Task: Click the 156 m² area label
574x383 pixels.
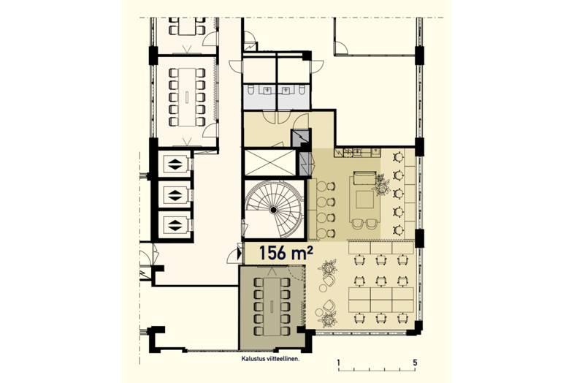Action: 286,252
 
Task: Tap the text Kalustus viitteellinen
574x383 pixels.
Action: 270,359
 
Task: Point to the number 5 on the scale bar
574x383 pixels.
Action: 414,363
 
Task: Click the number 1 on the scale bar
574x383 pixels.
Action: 339,363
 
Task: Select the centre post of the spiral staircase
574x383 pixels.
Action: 273,210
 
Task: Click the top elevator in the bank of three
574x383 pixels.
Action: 175,164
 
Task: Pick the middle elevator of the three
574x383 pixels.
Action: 175,195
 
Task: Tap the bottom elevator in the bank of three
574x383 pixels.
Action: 175,224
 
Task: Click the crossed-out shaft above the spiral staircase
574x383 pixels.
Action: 269,162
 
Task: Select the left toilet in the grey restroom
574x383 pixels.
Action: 251,89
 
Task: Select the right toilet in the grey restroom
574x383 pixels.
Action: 302,89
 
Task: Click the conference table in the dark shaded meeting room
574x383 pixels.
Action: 272,306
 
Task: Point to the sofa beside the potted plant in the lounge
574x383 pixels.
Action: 363,181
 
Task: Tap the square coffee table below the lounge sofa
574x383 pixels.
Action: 365,200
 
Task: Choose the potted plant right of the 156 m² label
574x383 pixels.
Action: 328,268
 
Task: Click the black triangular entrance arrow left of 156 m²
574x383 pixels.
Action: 240,253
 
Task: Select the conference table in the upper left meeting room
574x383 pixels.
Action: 187,97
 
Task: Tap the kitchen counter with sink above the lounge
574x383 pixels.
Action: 358,151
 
